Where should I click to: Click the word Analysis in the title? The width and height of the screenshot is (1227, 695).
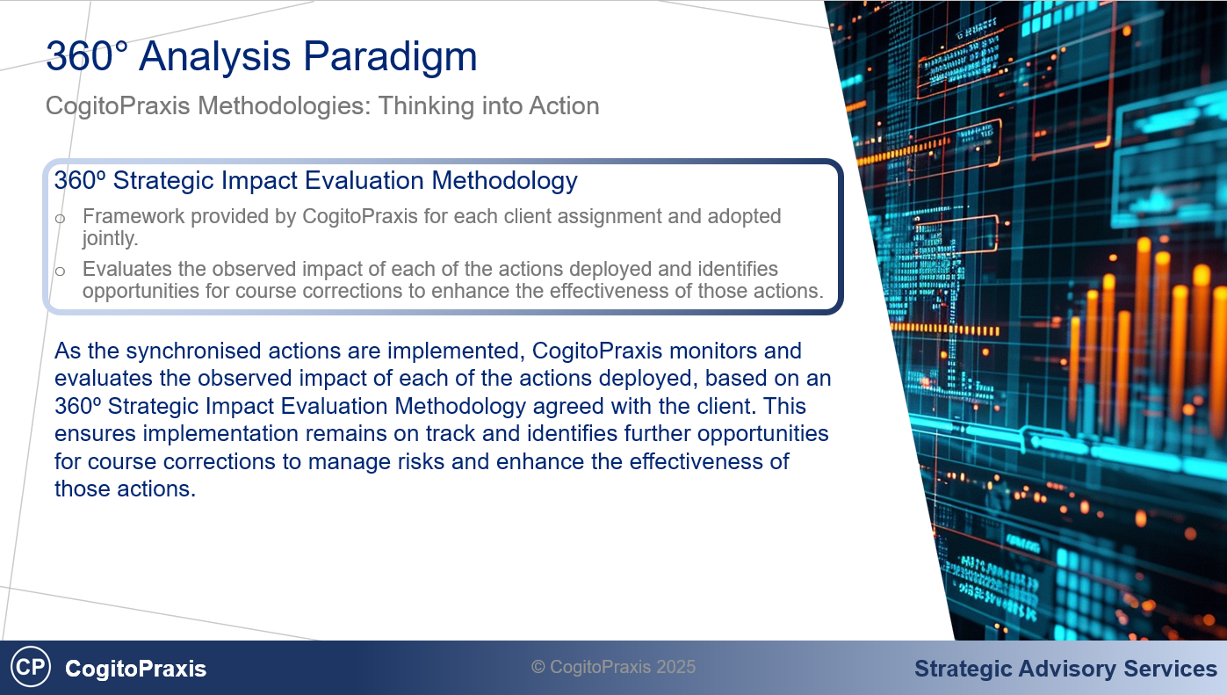point(214,55)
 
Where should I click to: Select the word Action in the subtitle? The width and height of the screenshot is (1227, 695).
point(564,105)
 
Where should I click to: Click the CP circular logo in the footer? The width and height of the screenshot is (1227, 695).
point(31,667)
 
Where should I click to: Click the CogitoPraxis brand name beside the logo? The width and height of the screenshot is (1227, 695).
point(135,669)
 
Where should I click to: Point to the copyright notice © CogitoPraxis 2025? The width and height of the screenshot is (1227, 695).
point(613,667)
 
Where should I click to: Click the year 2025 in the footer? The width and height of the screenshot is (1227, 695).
point(676,667)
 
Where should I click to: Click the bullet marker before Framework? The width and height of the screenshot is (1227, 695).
point(61,219)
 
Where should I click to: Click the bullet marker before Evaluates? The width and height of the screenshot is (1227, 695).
point(61,271)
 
